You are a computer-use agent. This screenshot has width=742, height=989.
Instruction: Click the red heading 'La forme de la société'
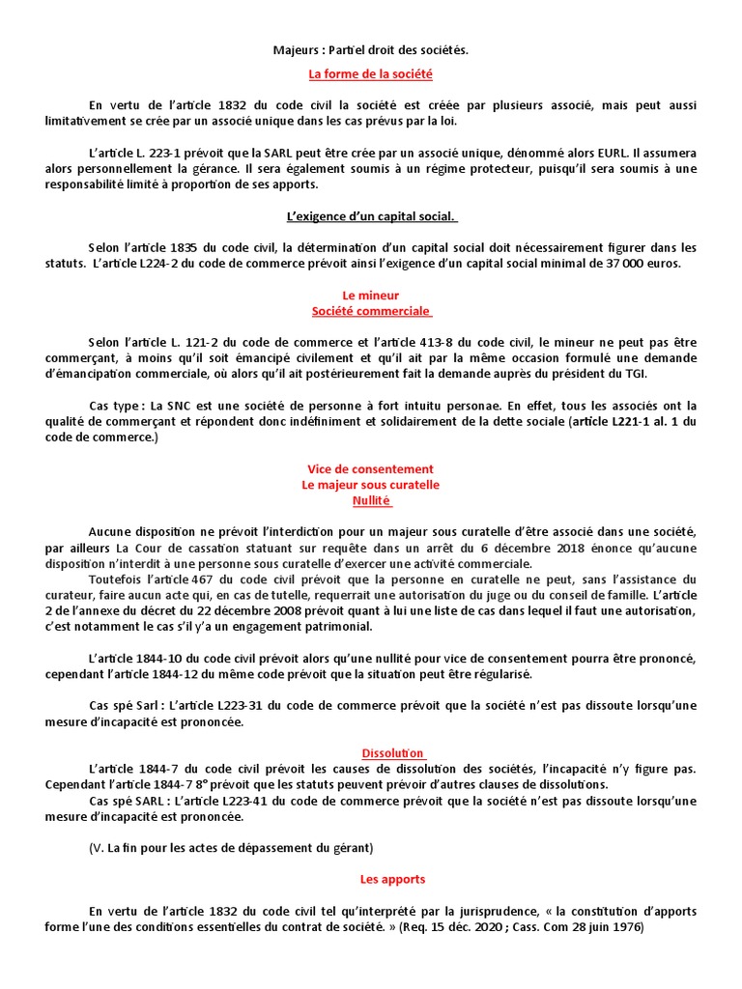tap(370, 73)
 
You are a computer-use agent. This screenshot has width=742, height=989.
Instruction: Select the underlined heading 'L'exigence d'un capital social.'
tap(371, 216)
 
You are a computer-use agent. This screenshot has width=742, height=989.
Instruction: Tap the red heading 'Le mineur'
tap(370, 295)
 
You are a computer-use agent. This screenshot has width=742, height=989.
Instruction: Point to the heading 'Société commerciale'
tap(371, 311)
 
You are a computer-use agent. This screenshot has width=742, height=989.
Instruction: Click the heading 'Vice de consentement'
tap(370, 468)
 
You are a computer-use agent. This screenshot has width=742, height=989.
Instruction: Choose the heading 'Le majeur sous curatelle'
tap(370, 484)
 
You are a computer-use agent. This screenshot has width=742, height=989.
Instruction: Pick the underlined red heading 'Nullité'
tap(371, 500)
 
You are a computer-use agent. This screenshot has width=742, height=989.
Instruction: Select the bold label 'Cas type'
tap(115, 406)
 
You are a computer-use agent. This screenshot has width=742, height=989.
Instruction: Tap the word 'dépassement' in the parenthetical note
tap(270, 847)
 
